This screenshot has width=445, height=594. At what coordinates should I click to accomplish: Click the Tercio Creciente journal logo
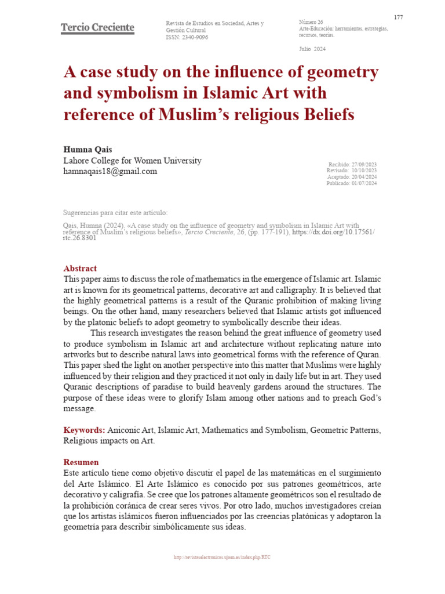97,28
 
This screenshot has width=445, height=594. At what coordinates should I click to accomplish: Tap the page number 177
398,17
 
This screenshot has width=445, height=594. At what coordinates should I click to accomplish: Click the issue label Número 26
311,22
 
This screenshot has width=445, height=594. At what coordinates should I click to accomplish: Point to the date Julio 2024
312,49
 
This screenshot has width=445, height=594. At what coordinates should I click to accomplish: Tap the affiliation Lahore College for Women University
132,161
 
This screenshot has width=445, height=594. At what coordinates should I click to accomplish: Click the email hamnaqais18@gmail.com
110,172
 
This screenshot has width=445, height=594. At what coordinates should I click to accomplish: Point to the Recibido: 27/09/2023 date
352,165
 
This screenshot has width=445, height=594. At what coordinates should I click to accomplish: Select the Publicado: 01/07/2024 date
351,183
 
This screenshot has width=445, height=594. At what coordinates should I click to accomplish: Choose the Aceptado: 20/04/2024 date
352,177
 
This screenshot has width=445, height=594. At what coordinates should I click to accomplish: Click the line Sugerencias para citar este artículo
115,213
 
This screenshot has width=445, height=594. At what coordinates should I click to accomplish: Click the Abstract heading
80,269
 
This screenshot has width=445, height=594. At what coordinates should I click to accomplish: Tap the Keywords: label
84,430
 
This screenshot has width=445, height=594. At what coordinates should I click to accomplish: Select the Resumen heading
81,462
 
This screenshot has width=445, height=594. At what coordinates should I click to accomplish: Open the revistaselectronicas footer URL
222,557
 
